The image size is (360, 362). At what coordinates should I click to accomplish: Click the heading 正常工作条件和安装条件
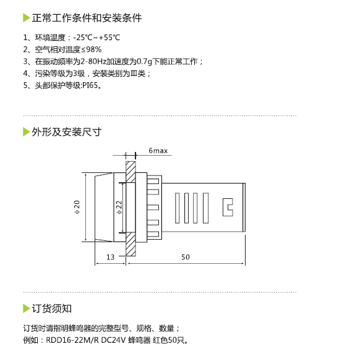(87, 18)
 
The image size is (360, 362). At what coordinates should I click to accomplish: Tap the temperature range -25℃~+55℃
(96, 38)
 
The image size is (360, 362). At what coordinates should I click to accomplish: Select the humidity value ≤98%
(92, 49)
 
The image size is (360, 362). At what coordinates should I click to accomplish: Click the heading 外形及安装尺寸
(67, 132)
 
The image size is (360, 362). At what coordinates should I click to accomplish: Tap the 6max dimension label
(158, 151)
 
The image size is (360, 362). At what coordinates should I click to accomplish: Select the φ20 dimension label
(77, 207)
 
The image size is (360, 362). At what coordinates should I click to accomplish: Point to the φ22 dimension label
(119, 208)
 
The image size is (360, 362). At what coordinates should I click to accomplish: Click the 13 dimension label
(110, 257)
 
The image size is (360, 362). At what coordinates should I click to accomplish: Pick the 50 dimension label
(186, 257)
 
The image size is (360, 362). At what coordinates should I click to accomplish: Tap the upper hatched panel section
(131, 172)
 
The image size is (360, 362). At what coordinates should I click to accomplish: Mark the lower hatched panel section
(131, 244)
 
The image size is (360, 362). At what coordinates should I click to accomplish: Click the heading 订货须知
(51, 309)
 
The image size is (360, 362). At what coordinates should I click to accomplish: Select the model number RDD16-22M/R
(72, 340)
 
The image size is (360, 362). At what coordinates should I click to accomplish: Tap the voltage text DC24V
(113, 340)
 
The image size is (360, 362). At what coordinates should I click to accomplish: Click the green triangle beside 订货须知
(27, 309)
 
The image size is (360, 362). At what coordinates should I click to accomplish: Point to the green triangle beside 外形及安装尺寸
(27, 132)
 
